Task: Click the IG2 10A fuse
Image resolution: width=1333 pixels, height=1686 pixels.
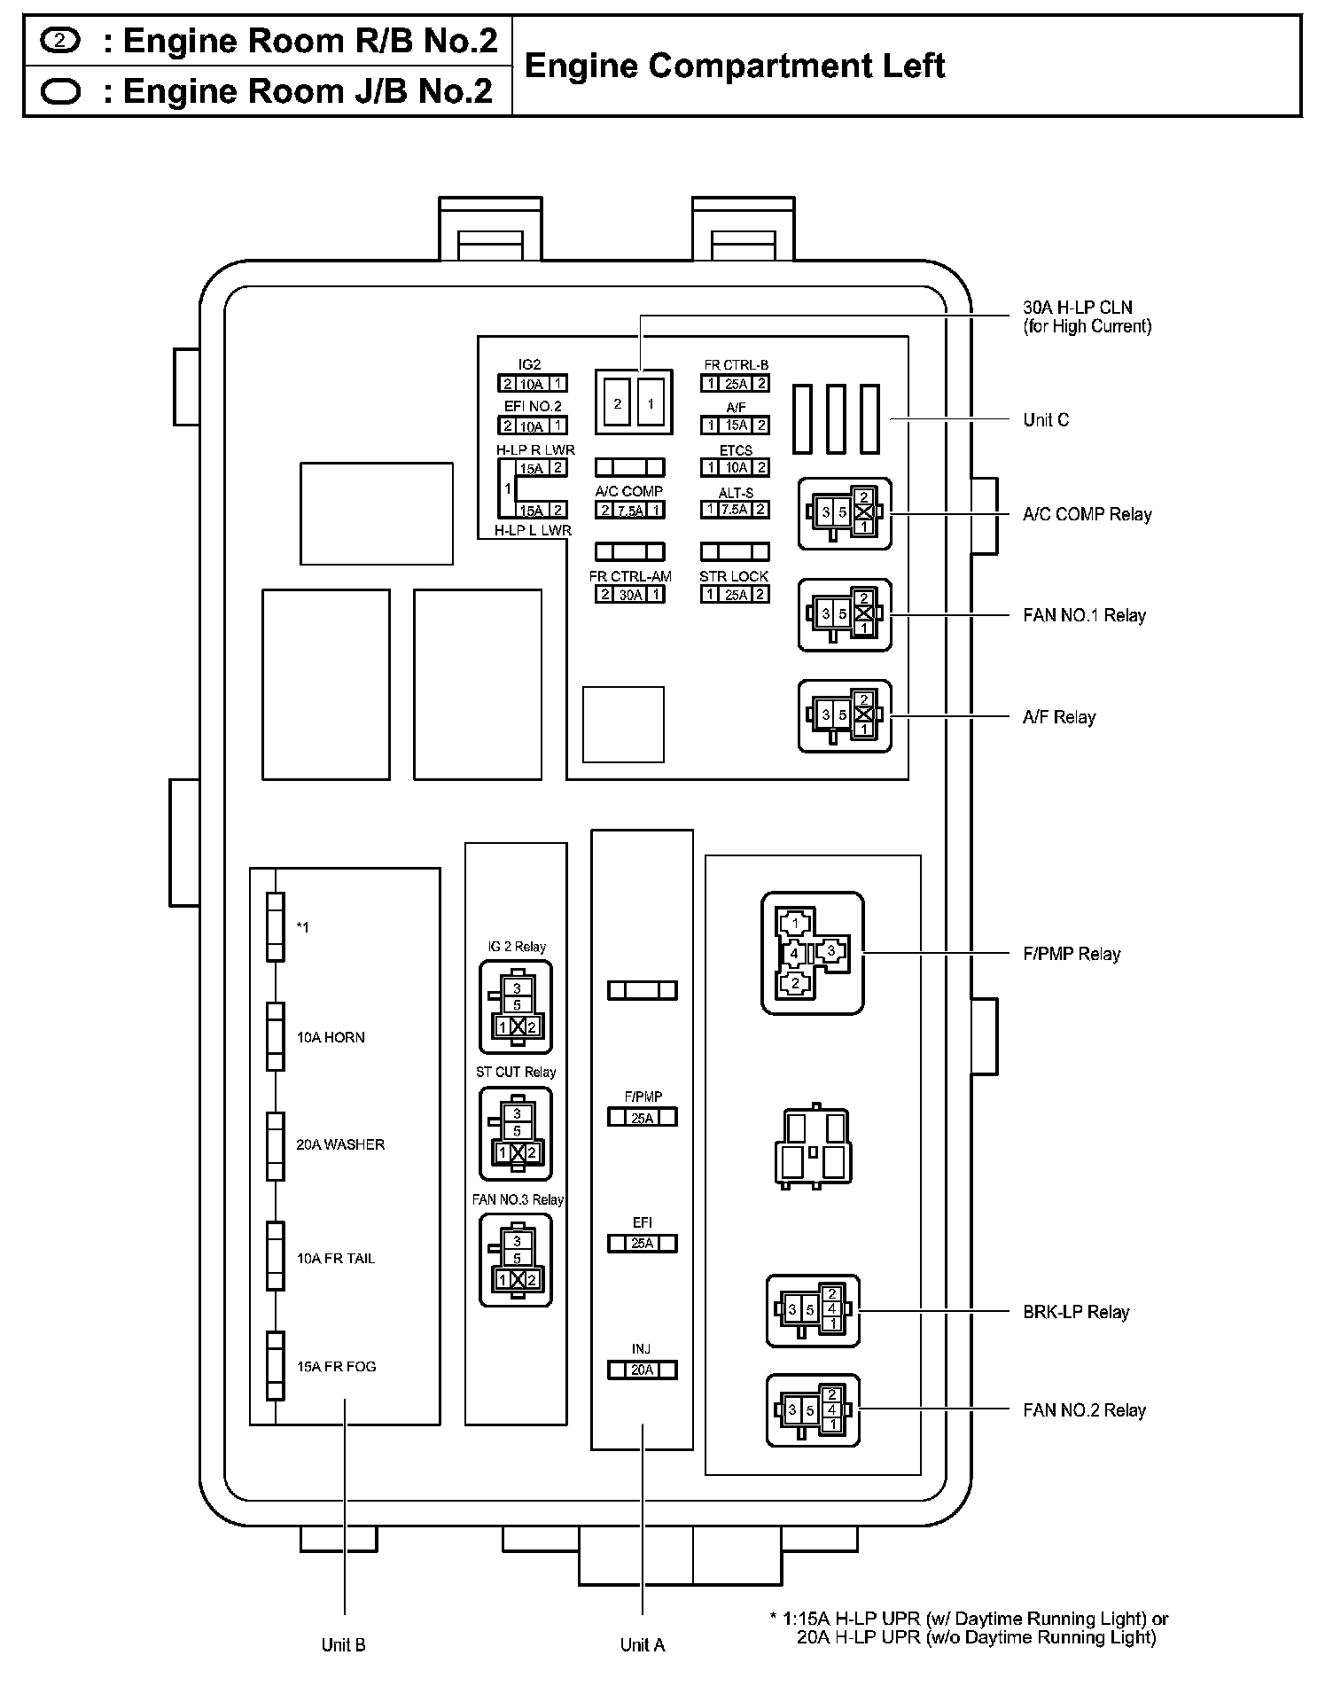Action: click(x=532, y=384)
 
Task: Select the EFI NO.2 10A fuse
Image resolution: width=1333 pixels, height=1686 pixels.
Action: click(x=532, y=426)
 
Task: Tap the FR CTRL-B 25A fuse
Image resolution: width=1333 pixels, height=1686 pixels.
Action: click(x=735, y=384)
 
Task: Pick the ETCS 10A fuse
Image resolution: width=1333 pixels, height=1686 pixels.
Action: click(x=735, y=467)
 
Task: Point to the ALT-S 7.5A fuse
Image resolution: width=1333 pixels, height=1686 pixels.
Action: click(x=735, y=510)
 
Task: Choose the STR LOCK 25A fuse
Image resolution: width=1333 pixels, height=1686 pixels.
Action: click(x=735, y=595)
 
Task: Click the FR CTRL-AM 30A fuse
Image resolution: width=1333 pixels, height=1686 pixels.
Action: click(x=630, y=595)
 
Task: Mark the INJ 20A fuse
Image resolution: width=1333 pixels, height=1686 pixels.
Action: click(x=643, y=1370)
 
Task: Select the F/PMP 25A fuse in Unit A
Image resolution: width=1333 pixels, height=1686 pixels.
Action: click(x=643, y=1118)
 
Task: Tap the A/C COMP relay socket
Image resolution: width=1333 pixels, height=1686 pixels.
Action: click(x=845, y=513)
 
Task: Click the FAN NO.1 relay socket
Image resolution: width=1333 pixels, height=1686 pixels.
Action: click(x=845, y=614)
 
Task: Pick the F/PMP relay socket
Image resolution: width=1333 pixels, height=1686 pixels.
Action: click(x=812, y=953)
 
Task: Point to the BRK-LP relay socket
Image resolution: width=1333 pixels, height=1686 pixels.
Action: click(x=813, y=1310)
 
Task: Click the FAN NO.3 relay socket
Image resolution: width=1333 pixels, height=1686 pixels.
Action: click(x=516, y=1260)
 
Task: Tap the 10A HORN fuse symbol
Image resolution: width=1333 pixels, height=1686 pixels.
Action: click(x=276, y=1037)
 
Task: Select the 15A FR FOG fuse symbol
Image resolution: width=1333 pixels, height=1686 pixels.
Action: click(x=276, y=1366)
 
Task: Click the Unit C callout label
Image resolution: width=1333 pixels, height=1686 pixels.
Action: click(x=1046, y=420)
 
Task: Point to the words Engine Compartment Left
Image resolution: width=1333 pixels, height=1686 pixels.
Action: click(x=735, y=66)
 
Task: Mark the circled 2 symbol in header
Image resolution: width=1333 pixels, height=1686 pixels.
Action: click(x=59, y=41)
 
